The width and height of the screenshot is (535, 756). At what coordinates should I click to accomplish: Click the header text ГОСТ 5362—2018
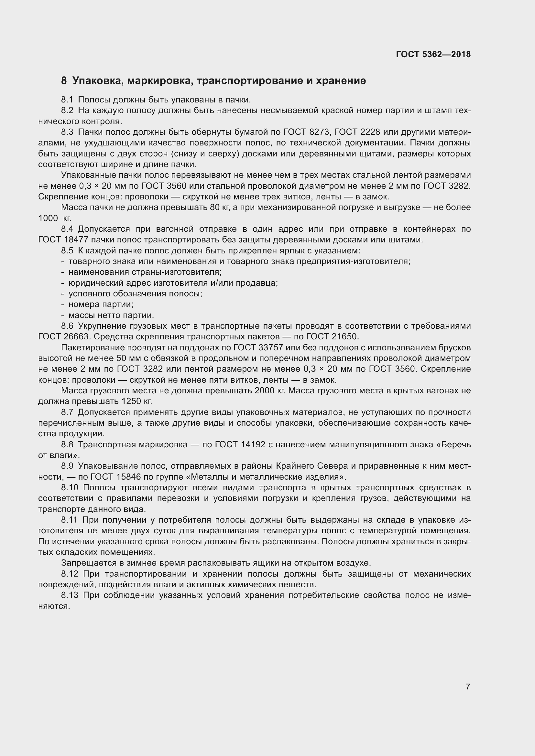point(433,54)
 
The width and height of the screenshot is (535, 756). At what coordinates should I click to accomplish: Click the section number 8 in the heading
point(64,81)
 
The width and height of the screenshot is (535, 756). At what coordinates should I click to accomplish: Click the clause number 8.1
point(67,100)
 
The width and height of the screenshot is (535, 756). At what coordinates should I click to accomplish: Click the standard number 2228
point(370,132)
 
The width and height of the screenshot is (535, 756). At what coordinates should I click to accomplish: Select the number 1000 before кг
point(49,218)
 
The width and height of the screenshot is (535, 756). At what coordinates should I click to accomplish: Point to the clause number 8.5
point(67,250)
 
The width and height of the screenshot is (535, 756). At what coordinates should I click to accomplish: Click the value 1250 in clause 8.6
point(131,401)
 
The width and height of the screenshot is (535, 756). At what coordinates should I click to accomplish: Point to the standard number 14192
point(253,444)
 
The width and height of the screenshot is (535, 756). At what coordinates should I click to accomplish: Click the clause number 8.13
point(70,595)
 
